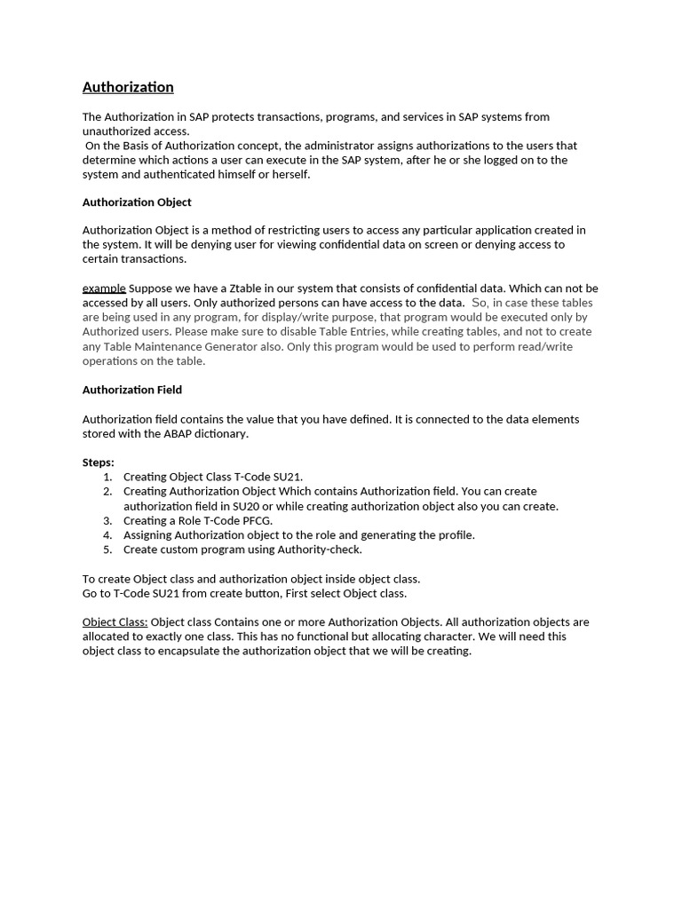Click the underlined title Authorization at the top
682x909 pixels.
[x=128, y=87]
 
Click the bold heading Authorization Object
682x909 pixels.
[x=137, y=202]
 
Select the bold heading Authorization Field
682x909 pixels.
[x=132, y=390]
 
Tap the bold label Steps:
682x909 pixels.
[x=99, y=462]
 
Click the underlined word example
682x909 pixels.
[x=104, y=289]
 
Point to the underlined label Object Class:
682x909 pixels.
[x=115, y=622]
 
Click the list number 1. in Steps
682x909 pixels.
[x=107, y=477]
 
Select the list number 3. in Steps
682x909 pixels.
[x=107, y=520]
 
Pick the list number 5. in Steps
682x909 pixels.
[x=107, y=549]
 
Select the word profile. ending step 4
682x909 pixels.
[x=455, y=535]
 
